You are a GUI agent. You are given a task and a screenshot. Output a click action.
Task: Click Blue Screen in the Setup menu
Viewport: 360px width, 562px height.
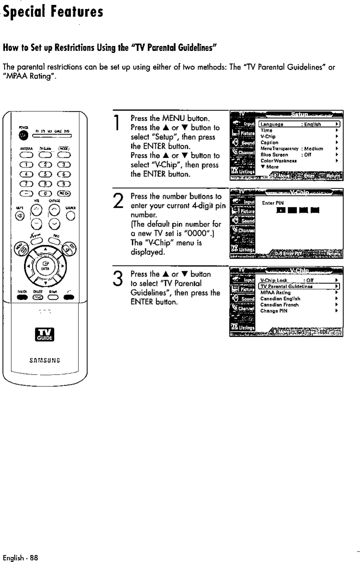(275, 155)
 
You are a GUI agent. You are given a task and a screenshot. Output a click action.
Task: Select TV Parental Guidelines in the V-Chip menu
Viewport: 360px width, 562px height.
(299, 286)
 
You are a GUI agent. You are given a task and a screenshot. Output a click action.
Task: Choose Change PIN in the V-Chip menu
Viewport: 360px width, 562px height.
(274, 311)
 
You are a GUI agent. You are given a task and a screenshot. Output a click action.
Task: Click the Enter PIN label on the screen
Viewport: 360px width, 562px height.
(273, 203)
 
